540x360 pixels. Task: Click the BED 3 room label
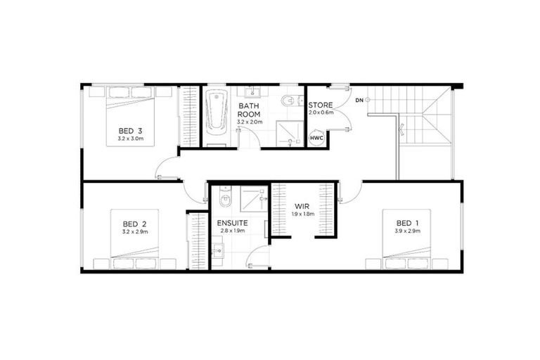[131, 131]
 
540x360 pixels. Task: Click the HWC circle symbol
[316, 139]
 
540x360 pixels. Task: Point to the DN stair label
[359, 101]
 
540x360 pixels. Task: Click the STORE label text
[321, 105]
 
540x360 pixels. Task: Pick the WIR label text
[303, 207]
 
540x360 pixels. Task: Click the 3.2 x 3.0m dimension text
[131, 139]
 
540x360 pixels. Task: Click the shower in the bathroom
[288, 133]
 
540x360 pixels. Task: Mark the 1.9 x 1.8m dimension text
[303, 214]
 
